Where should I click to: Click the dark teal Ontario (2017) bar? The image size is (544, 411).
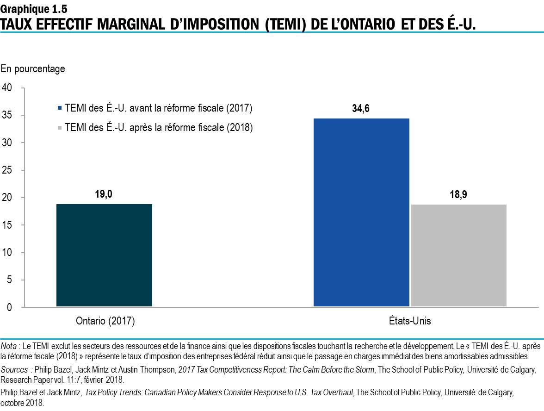[104, 255]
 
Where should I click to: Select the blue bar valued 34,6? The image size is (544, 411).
[361, 212]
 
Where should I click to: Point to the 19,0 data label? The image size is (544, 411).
[104, 194]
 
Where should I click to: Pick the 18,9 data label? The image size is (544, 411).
[458, 194]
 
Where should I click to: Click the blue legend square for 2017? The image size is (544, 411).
[59, 108]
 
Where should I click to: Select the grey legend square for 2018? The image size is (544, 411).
[59, 127]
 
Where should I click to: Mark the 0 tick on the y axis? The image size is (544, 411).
[9, 307]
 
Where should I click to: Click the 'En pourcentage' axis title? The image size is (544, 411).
[33, 69]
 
